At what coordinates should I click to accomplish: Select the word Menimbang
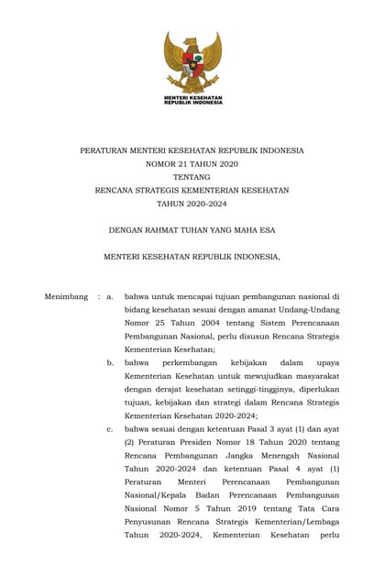click(x=66, y=297)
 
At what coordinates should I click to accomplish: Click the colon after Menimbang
click(x=98, y=297)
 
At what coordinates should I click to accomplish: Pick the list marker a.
click(x=110, y=297)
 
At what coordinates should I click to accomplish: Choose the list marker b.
click(x=110, y=363)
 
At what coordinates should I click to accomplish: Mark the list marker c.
click(x=110, y=428)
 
